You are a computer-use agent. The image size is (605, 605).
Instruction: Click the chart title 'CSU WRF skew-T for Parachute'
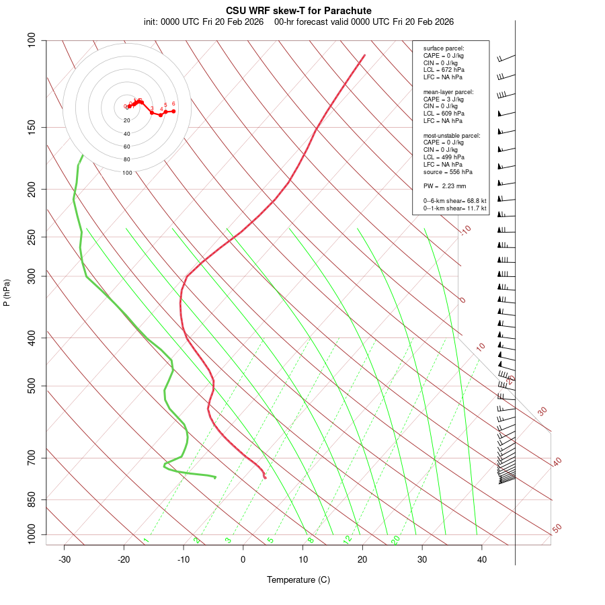(298, 11)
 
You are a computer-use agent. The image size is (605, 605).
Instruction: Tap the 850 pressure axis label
(32, 500)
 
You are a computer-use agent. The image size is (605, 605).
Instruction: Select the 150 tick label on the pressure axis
(32, 128)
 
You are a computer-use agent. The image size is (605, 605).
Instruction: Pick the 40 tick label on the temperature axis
(482, 559)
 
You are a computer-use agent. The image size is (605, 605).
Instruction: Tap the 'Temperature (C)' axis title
(298, 579)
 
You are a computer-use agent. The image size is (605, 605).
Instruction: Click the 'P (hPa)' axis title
(7, 292)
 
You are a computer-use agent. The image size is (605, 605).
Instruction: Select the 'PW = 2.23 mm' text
(444, 186)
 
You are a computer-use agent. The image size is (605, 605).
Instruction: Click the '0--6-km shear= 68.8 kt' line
(454, 201)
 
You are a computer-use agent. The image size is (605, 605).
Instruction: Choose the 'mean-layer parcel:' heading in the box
(448, 91)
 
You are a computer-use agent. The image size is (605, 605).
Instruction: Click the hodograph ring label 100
(127, 173)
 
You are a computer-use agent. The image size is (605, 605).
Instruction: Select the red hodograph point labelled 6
(173, 111)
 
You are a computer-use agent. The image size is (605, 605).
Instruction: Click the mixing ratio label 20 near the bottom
(396, 539)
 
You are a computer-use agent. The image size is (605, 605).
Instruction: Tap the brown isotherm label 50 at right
(557, 529)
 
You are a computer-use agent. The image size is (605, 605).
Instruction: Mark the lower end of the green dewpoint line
(215, 477)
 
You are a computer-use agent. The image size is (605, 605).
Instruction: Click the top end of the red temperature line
(364, 55)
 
